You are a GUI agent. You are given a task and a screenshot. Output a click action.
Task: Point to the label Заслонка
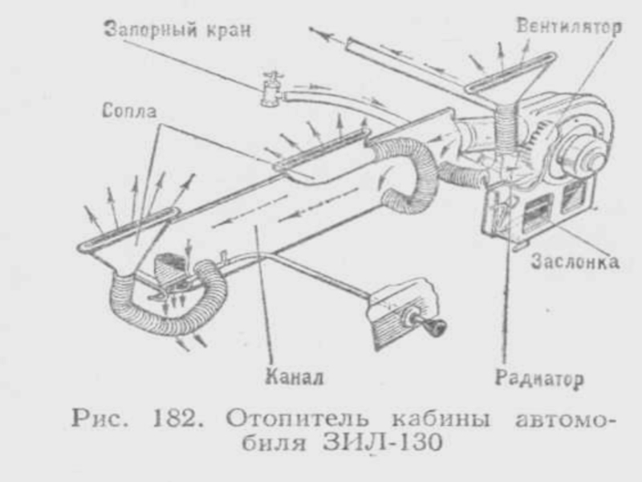tap(574, 262)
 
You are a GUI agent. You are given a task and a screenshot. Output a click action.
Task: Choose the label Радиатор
tap(538, 377)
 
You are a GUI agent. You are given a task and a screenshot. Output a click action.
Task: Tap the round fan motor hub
tap(583, 153)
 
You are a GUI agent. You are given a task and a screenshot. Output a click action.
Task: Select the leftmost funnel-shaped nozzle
tap(128, 237)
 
